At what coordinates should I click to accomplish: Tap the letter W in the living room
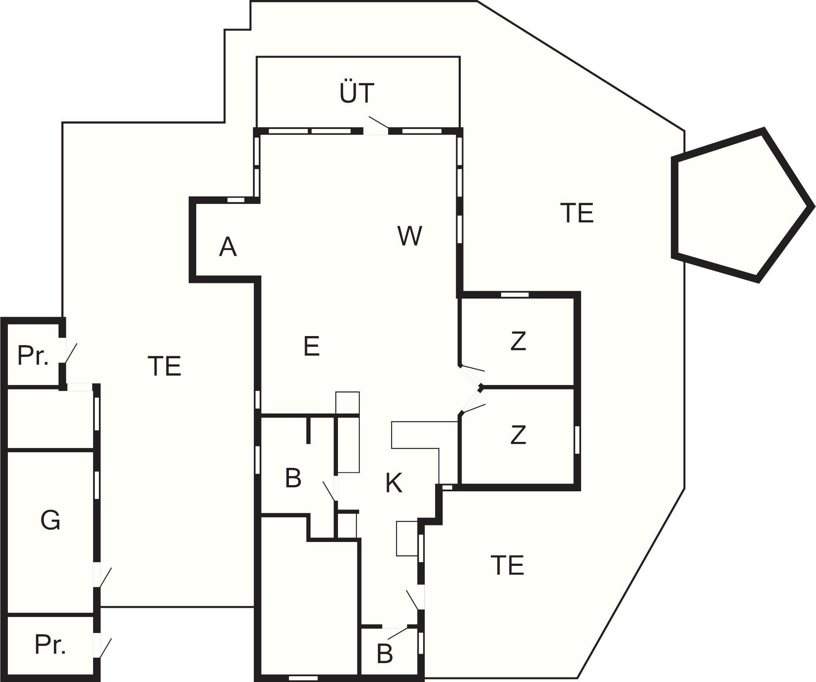pyautogui.click(x=410, y=236)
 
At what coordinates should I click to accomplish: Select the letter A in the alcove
pyautogui.click(x=227, y=247)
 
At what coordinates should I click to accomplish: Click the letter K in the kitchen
pyautogui.click(x=394, y=483)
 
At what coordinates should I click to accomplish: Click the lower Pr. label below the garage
pyautogui.click(x=50, y=645)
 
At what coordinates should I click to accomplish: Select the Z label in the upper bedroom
pyautogui.click(x=518, y=341)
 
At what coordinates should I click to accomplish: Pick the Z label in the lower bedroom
pyautogui.click(x=518, y=435)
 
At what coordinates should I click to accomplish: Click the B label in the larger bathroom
pyautogui.click(x=293, y=478)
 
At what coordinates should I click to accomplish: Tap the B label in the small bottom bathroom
pyautogui.click(x=385, y=654)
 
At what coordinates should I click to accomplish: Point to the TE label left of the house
pyautogui.click(x=164, y=366)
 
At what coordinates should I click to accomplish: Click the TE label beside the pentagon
pyautogui.click(x=577, y=213)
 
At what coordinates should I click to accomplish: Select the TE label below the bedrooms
pyautogui.click(x=507, y=565)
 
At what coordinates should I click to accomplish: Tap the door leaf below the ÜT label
pyautogui.click(x=378, y=122)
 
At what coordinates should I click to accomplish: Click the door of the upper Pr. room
pyautogui.click(x=71, y=353)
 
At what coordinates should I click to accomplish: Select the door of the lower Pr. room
pyautogui.click(x=105, y=648)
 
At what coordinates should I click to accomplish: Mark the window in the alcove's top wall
pyautogui.click(x=236, y=200)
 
